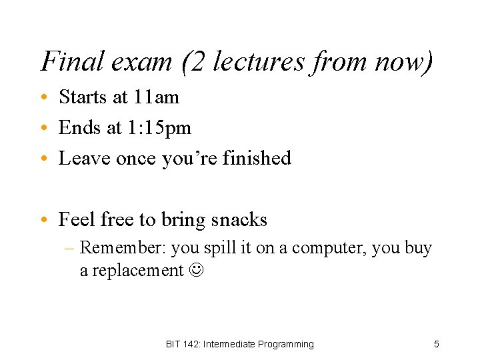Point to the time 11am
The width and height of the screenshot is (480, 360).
156,97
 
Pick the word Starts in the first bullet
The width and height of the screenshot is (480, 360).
83,97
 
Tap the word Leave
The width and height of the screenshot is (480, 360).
85,159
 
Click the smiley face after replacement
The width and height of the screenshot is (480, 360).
197,270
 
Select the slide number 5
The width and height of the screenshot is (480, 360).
436,344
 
